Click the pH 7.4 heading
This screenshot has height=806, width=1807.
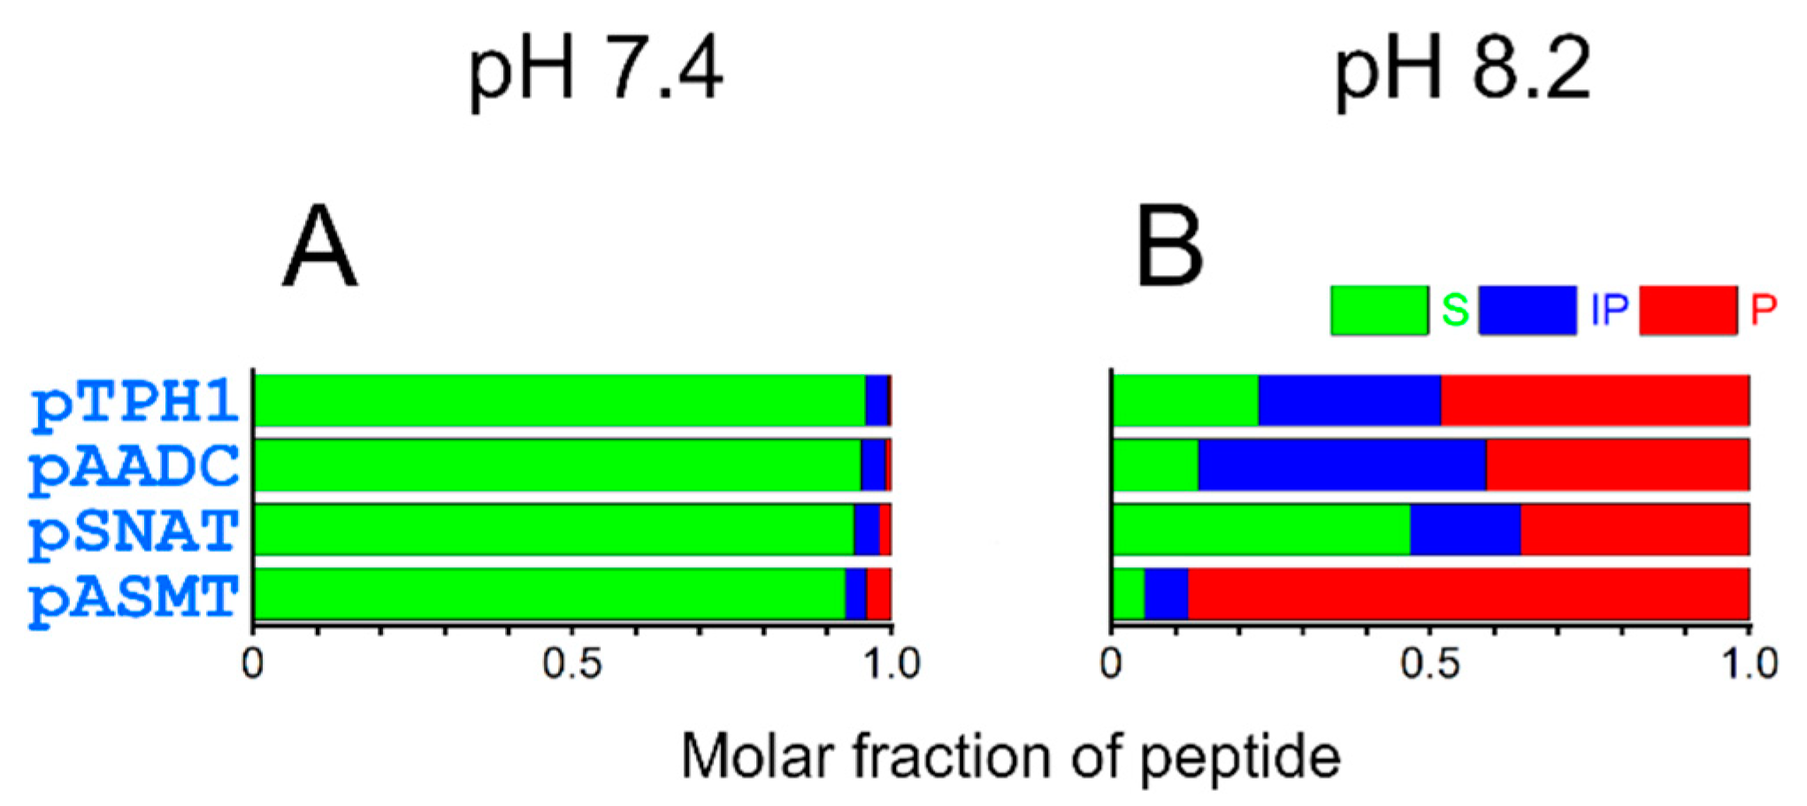[x=595, y=71]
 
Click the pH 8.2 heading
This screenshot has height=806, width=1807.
[x=1462, y=71]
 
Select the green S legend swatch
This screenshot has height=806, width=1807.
[x=1379, y=311]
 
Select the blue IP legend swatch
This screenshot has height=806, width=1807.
[x=1527, y=311]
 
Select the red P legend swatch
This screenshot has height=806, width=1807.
[x=1688, y=311]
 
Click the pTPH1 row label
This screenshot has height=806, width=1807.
[x=134, y=403]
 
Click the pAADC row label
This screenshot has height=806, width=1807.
[x=134, y=467]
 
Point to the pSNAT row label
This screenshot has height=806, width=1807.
[x=134, y=532]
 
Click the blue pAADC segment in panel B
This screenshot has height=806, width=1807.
[x=1342, y=464]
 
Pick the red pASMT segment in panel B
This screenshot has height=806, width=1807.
[x=1468, y=595]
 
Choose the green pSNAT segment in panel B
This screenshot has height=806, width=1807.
[x=1260, y=529]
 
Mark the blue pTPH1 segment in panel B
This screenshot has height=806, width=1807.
[x=1349, y=400]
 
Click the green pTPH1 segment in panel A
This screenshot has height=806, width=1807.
[x=559, y=400]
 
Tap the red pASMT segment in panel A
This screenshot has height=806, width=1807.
[x=878, y=595]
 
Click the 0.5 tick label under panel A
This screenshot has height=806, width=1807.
[x=572, y=664]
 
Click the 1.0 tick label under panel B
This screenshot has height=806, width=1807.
[x=1749, y=664]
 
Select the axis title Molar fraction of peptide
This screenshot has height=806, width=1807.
[x=1010, y=757]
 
